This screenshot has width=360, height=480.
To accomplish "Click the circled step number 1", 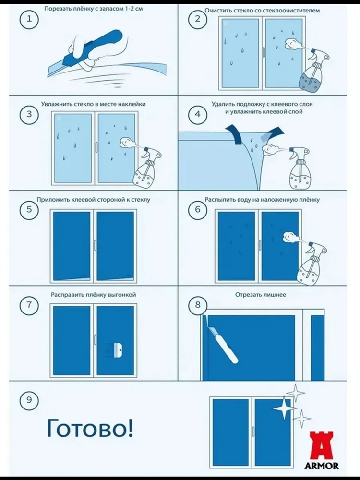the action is pyautogui.click(x=29, y=19).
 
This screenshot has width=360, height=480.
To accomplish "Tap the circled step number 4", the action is pyautogui.click(x=198, y=114).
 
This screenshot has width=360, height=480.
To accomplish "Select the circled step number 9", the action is pyautogui.click(x=29, y=400).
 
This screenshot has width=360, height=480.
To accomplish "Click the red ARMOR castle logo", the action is pyautogui.click(x=322, y=446).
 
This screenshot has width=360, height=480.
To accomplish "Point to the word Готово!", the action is pyautogui.click(x=90, y=428).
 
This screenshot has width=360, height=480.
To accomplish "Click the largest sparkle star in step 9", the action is pyautogui.click(x=284, y=408).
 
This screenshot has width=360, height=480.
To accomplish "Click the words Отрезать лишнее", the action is pyautogui.click(x=261, y=295).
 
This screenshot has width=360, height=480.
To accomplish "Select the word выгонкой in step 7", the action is pyautogui.click(x=122, y=295).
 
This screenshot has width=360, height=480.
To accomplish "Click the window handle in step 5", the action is pyautogui.click(x=95, y=245).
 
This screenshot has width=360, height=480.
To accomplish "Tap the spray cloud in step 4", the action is pyautogui.click(x=270, y=149).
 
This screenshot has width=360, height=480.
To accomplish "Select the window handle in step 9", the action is pyautogui.click(x=253, y=432).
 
